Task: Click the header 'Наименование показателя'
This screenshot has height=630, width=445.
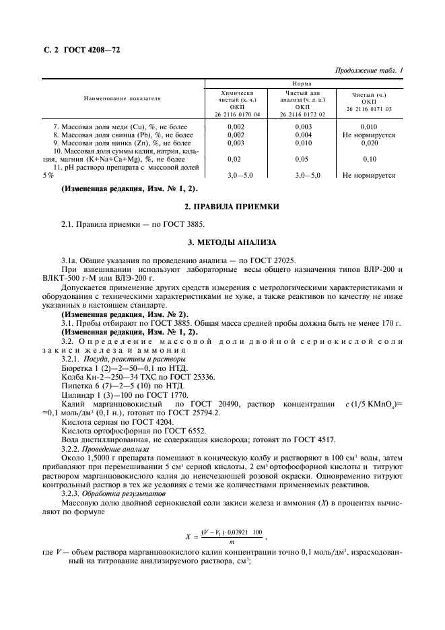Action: (x=122, y=98)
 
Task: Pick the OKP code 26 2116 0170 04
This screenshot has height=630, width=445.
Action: (x=236, y=114)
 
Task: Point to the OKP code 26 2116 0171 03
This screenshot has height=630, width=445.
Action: (x=368, y=108)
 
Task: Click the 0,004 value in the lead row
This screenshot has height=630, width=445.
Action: (x=302, y=135)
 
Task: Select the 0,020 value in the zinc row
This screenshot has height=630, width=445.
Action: (x=368, y=143)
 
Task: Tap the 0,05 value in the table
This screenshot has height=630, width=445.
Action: (x=302, y=159)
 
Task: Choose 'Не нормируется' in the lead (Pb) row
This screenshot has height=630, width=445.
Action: (x=368, y=135)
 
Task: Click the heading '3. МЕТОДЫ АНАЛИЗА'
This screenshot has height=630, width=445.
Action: (x=222, y=241)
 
